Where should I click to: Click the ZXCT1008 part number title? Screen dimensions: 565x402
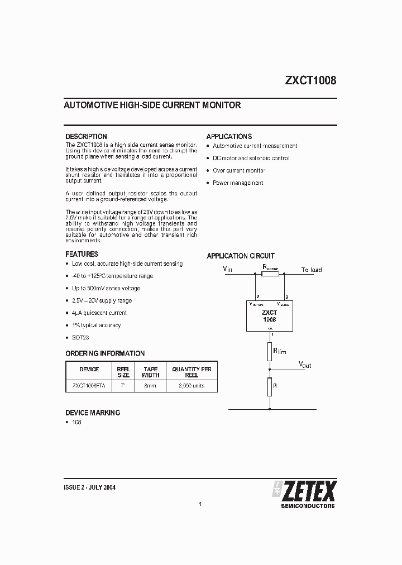click(x=310, y=80)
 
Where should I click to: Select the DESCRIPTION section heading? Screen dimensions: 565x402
click(x=86, y=136)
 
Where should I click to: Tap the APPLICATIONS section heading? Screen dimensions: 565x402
click(x=229, y=136)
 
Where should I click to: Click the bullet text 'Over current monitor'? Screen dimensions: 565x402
click(x=239, y=170)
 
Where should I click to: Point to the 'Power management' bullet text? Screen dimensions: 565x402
click(x=237, y=183)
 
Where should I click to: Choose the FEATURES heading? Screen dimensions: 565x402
click(x=82, y=254)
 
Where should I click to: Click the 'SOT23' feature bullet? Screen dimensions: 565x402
click(x=80, y=337)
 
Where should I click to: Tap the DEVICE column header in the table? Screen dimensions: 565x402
click(x=89, y=369)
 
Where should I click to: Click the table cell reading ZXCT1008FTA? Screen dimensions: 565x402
click(x=89, y=386)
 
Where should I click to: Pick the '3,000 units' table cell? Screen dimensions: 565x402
click(x=192, y=386)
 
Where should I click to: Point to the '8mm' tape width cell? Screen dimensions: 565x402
click(x=150, y=386)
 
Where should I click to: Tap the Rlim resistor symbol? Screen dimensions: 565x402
click(x=270, y=352)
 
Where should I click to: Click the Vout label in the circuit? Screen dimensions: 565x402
click(x=305, y=365)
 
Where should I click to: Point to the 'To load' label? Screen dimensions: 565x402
click(x=312, y=270)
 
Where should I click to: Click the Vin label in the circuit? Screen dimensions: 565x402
click(x=227, y=269)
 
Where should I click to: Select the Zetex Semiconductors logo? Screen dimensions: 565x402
click(x=304, y=494)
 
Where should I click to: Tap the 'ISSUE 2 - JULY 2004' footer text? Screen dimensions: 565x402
click(x=90, y=487)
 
